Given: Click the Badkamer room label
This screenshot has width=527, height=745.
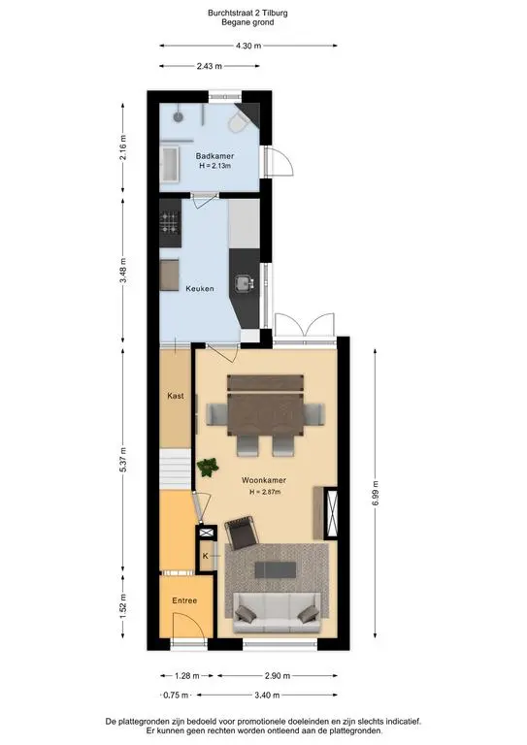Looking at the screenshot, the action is [214, 156].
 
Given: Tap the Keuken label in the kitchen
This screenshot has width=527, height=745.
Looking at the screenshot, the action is [200, 288].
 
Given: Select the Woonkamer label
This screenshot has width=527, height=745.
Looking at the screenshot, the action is [264, 480].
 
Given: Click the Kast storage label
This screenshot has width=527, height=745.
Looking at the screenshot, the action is [176, 396].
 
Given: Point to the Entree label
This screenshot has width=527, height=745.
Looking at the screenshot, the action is [184, 600].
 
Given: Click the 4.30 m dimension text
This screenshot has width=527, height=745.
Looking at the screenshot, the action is [248, 46].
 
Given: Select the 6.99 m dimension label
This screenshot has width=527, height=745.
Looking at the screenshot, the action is [376, 494].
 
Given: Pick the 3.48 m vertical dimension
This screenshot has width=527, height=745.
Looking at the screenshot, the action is [123, 271].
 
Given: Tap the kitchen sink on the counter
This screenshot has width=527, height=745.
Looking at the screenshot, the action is [245, 283].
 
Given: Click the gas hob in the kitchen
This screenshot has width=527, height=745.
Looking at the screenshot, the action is [169, 222].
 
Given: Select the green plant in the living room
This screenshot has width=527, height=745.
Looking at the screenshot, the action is [208, 467].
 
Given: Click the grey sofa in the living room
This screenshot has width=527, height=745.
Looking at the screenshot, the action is [276, 613].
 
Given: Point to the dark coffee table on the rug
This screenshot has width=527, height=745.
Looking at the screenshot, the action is [276, 569].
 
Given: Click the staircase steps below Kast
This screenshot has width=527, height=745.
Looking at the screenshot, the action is [176, 469].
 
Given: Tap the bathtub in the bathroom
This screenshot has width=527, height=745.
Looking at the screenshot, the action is [170, 165].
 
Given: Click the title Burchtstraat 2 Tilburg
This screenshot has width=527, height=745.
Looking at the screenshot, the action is [247, 13].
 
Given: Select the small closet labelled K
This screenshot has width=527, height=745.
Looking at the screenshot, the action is [206, 556].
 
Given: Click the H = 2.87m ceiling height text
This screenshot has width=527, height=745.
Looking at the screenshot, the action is [265, 492].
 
